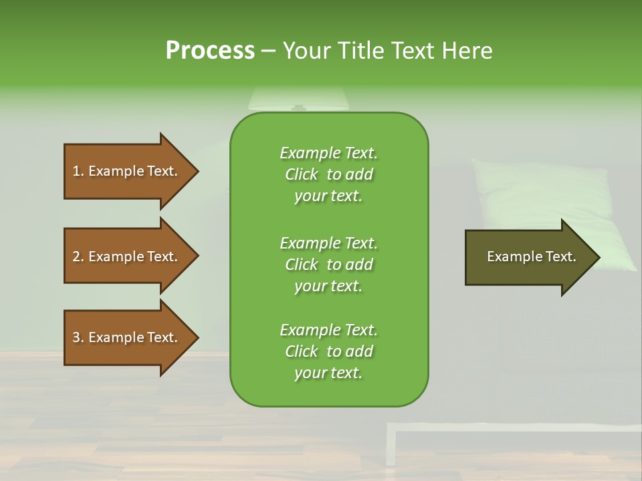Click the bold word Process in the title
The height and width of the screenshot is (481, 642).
(x=210, y=51)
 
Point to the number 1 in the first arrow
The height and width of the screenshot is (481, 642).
(x=76, y=171)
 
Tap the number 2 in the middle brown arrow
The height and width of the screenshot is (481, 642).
(x=76, y=257)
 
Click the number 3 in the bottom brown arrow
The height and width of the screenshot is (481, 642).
(x=76, y=337)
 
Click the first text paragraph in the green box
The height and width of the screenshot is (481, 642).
(x=328, y=174)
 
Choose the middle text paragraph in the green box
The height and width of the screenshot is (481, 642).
(x=328, y=265)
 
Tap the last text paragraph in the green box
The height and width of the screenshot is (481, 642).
(x=328, y=351)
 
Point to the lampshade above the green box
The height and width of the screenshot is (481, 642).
(x=298, y=99)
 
